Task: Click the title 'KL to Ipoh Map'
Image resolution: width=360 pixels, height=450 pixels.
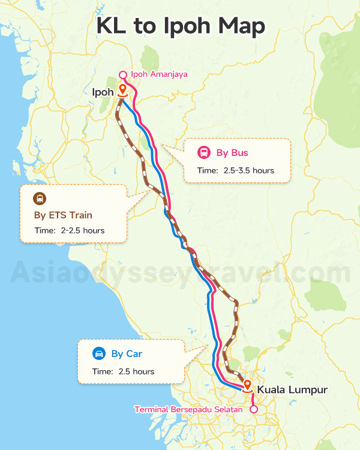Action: tap(180, 28)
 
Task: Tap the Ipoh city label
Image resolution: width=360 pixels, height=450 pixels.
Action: tap(103, 92)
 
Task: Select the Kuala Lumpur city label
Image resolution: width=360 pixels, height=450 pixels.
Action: tap(292, 390)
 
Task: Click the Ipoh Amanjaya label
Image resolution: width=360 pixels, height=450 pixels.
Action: tap(159, 74)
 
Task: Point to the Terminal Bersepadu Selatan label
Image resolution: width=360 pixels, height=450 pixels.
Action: tap(188, 410)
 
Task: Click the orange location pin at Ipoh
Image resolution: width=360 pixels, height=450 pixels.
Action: tap(122, 91)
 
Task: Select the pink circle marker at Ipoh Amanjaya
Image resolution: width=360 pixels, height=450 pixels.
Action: tap(122, 75)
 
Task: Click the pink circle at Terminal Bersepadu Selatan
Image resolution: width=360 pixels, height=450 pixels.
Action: tap(253, 410)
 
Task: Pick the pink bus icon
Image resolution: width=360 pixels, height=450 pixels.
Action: tap(203, 152)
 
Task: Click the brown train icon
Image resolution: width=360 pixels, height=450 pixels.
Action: tap(40, 199)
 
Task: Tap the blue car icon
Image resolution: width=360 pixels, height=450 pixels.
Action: tap(98, 353)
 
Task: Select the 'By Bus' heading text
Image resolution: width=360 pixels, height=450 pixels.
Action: tap(232, 153)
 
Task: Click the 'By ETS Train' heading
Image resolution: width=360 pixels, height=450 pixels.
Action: tap(63, 215)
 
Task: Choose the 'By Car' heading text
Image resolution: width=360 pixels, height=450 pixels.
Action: tap(127, 354)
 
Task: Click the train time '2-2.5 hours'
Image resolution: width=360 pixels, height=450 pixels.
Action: tap(82, 231)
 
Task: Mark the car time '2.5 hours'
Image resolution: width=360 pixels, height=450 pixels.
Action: tap(136, 372)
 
